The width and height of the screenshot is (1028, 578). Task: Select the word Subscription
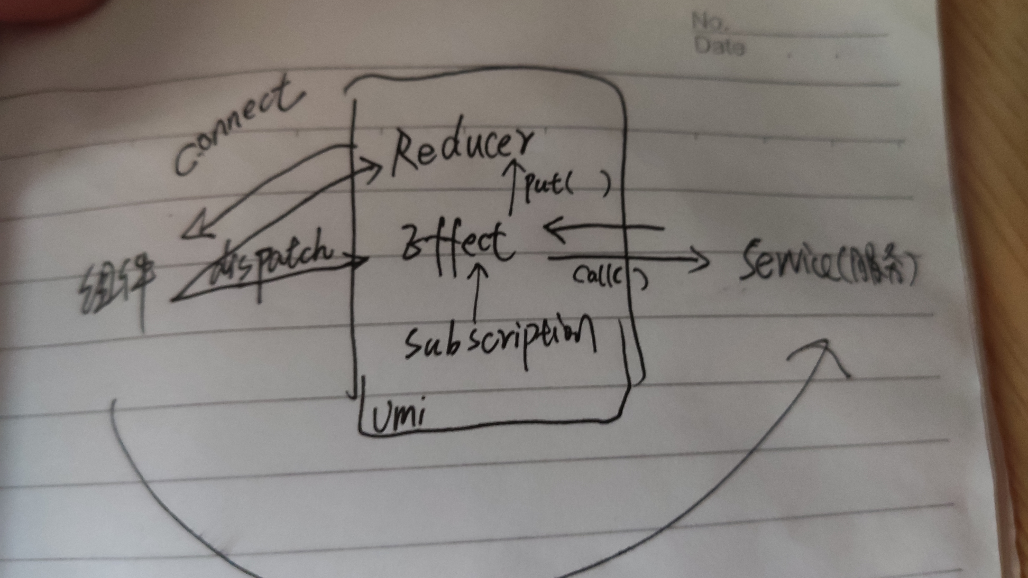pyautogui.click(x=499, y=335)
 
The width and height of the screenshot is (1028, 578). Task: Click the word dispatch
pyautogui.click(x=275, y=255)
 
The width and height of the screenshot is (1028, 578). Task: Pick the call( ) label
pyautogui.click(x=607, y=277)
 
